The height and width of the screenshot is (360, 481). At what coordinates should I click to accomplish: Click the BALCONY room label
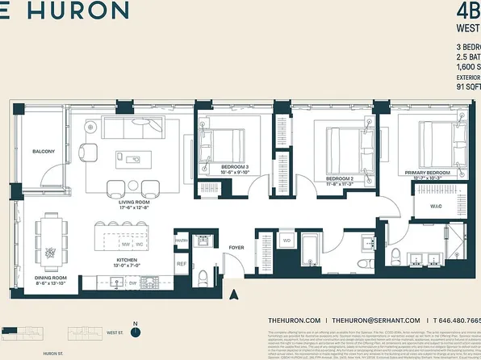pyautogui.click(x=44, y=152)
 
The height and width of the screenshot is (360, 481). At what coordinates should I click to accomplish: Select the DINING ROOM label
pyautogui.click(x=49, y=278)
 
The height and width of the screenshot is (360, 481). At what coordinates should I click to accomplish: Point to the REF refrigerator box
pyautogui.click(x=181, y=265)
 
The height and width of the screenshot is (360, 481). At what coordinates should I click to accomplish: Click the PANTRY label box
pyautogui.click(x=181, y=241)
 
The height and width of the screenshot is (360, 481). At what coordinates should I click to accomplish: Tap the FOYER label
pyautogui.click(x=236, y=248)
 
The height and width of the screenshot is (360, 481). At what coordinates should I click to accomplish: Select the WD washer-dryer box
pyautogui.click(x=286, y=241)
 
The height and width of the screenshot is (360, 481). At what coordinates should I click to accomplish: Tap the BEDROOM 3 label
pyautogui.click(x=236, y=168)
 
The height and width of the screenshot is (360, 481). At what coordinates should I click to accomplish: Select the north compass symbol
pyautogui.click(x=136, y=330)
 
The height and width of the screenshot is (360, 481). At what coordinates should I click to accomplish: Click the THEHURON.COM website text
pyautogui.click(x=294, y=320)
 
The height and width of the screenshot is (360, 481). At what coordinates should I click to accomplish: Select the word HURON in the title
pyautogui.click(x=81, y=11)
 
